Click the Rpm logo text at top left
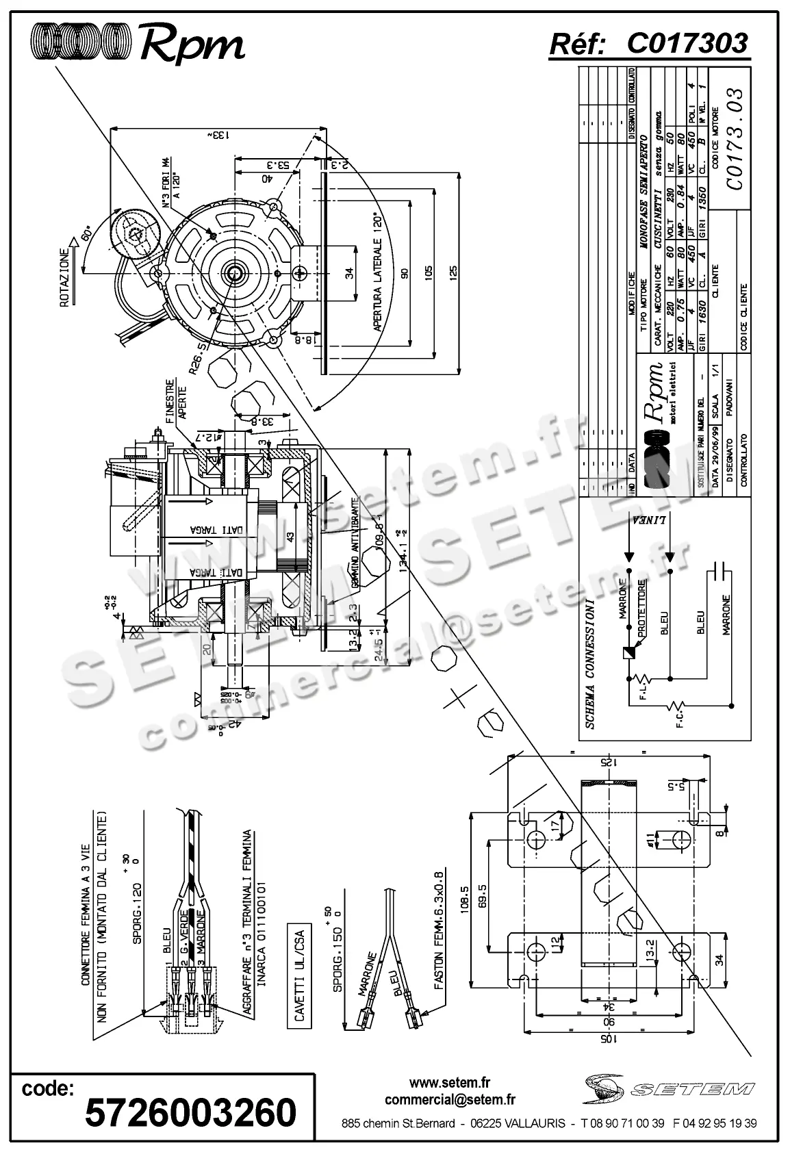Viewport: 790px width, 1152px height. pyautogui.click(x=192, y=45)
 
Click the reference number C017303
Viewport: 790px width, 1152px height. pyautogui.click(x=687, y=44)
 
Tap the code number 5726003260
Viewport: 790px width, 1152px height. pyautogui.click(x=190, y=1112)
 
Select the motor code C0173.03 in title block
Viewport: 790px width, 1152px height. pyautogui.click(x=733, y=140)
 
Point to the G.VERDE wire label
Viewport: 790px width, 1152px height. pyautogui.click(x=183, y=934)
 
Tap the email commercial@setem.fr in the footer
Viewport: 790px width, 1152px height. pyautogui.click(x=450, y=1100)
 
